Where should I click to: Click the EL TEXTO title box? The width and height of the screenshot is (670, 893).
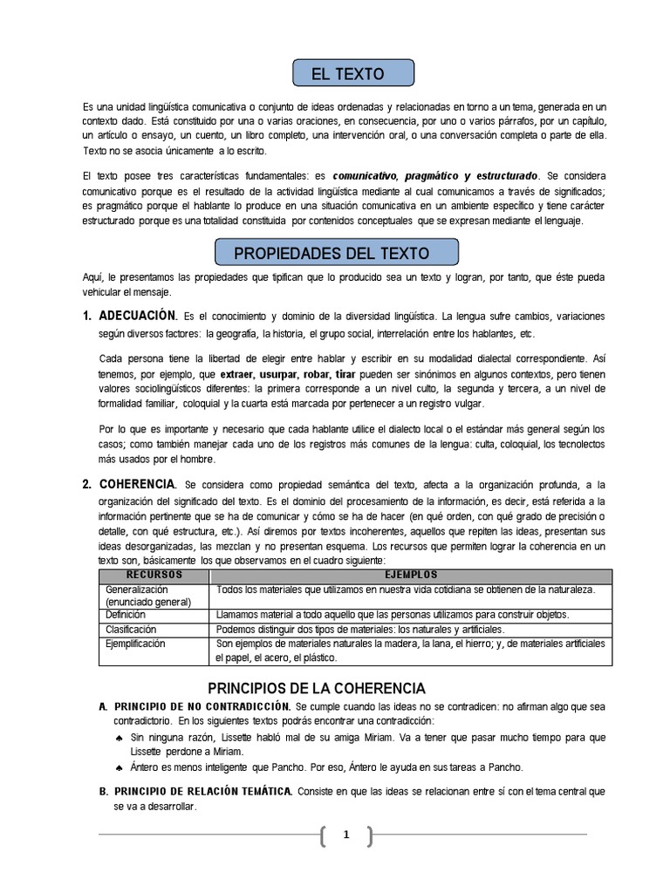pyautogui.click(x=353, y=74)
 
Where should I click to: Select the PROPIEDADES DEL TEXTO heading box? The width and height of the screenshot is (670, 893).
pyautogui.click(x=337, y=253)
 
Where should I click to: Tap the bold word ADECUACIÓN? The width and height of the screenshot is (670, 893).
pyautogui.click(x=139, y=315)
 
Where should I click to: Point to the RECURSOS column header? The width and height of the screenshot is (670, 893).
pyautogui.click(x=154, y=576)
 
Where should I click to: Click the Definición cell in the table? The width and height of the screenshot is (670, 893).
pyautogui.click(x=126, y=615)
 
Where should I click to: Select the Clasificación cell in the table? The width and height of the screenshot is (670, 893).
pyautogui.click(x=131, y=629)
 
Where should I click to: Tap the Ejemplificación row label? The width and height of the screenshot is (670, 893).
pyautogui.click(x=135, y=644)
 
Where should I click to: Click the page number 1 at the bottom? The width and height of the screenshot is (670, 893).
pyautogui.click(x=345, y=835)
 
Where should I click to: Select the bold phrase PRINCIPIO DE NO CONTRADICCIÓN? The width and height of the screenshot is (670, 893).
pyautogui.click(x=202, y=705)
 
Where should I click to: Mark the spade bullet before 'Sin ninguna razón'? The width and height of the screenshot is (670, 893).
pyautogui.click(x=119, y=738)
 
